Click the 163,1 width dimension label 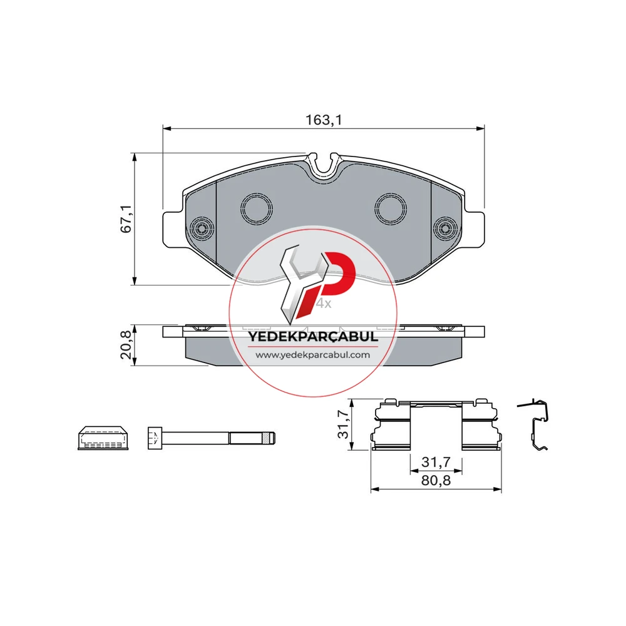[x=324, y=120]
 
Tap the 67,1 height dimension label [x=126, y=218]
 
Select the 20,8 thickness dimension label [x=126, y=345]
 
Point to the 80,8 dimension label [x=436, y=480]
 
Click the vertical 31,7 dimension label [x=343, y=424]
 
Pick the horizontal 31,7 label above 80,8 [x=436, y=462]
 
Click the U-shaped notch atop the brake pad [x=324, y=167]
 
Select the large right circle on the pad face [x=391, y=208]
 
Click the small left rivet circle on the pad [x=202, y=228]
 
